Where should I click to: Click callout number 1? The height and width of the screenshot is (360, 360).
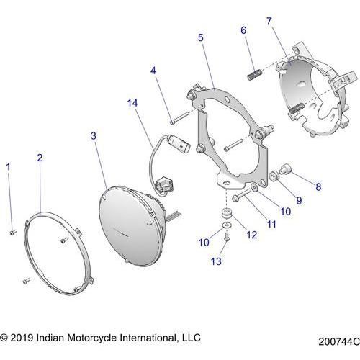click(x=9, y=167)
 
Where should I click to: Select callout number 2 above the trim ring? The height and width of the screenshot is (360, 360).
click(x=40, y=157)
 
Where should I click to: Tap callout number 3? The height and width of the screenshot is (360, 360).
click(x=93, y=135)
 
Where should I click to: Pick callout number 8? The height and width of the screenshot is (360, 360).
click(x=318, y=186)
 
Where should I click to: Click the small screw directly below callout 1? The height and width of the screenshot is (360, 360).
click(x=13, y=231)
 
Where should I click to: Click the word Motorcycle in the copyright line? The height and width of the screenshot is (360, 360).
click(x=98, y=337)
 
